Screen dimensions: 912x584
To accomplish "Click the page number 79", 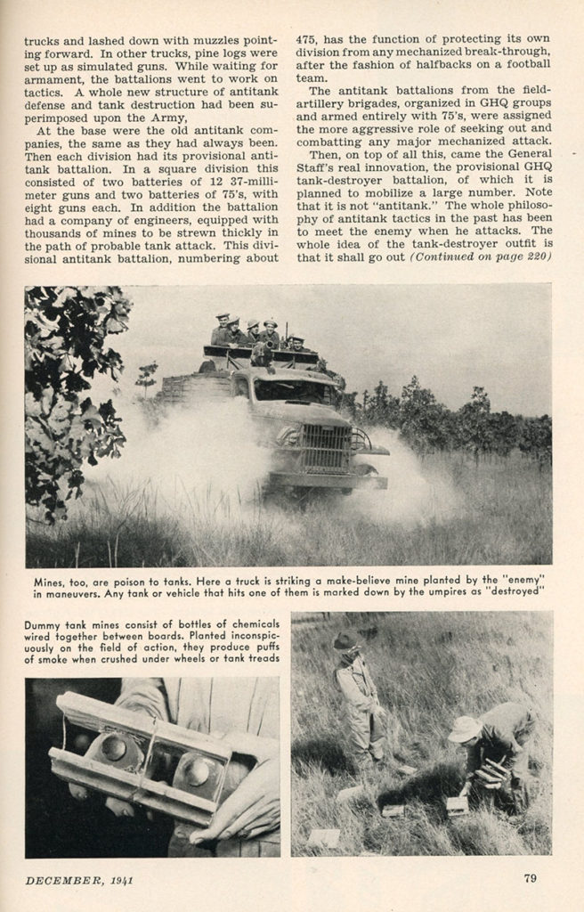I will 531,879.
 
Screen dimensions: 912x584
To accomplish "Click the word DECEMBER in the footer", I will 59,880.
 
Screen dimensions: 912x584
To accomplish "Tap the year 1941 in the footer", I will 122,880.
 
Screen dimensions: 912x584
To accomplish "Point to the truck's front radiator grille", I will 326,447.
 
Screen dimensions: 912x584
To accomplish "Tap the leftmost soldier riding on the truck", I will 221,330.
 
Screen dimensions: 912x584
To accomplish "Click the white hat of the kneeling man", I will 464,729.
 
